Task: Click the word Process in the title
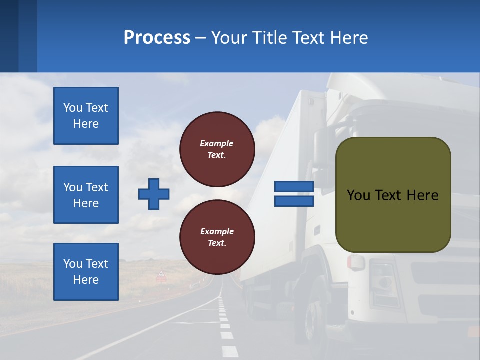click(x=157, y=38)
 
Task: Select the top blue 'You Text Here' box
click(x=86, y=116)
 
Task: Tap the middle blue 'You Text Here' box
click(x=86, y=195)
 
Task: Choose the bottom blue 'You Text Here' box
click(x=86, y=272)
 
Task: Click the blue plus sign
click(x=154, y=194)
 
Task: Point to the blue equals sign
click(x=294, y=194)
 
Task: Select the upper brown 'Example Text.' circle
click(x=217, y=149)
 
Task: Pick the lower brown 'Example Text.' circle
click(x=217, y=237)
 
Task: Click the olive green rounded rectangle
click(x=393, y=195)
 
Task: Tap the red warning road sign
click(x=161, y=274)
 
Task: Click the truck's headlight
click(x=384, y=282)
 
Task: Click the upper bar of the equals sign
click(x=294, y=186)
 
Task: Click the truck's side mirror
click(x=320, y=145)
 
